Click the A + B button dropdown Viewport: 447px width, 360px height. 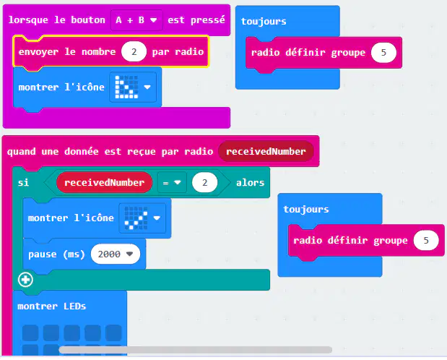click(x=136, y=20)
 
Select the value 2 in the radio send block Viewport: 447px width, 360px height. click(x=134, y=51)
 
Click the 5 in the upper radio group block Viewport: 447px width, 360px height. click(x=383, y=53)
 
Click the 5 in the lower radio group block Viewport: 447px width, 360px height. click(x=426, y=241)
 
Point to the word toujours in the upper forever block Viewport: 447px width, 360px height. click(x=264, y=22)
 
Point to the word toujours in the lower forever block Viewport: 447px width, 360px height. click(x=306, y=209)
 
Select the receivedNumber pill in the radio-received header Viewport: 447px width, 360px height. click(x=266, y=151)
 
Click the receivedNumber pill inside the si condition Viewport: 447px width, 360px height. click(x=104, y=182)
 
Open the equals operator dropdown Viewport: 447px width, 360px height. click(x=172, y=182)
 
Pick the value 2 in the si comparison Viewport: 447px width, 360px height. click(x=204, y=182)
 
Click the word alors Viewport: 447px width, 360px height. click(x=251, y=183)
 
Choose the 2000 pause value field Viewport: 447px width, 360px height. click(x=116, y=254)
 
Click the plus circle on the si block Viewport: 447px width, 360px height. click(x=26, y=280)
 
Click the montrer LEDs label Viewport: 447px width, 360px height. click(x=51, y=307)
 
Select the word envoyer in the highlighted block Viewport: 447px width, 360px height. click(x=38, y=52)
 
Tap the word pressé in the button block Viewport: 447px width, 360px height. click(x=208, y=20)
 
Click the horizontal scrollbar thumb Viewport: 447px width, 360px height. click(x=196, y=350)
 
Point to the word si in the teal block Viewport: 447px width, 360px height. click(x=23, y=182)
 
